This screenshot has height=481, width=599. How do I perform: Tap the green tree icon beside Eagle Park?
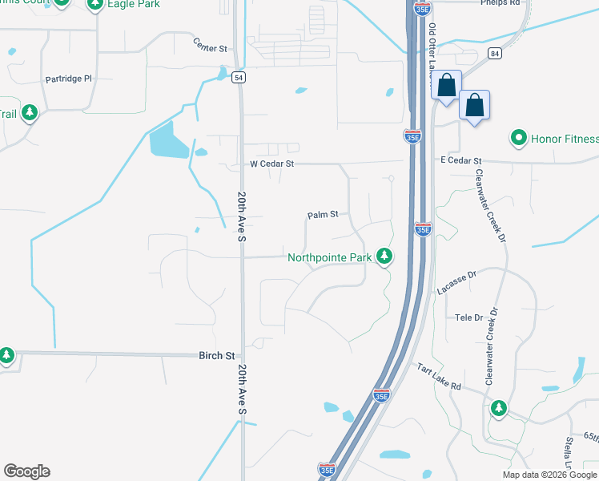click(95, 4)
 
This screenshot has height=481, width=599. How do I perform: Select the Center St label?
click(211, 47)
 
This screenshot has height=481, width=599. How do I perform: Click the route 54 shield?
click(239, 77)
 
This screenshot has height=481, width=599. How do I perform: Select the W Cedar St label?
click(272, 164)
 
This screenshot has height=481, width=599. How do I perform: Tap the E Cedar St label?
click(460, 161)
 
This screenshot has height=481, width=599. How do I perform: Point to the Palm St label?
click(324, 215)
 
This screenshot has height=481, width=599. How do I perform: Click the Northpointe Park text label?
click(330, 257)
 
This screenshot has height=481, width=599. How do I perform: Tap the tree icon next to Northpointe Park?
click(385, 256)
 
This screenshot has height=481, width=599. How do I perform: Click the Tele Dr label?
click(469, 317)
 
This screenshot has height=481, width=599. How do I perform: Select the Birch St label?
click(218, 355)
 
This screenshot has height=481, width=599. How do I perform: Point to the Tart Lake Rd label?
click(439, 376)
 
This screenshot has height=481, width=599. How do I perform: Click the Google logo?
click(26, 471)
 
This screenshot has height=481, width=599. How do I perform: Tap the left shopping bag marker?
click(447, 85)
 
